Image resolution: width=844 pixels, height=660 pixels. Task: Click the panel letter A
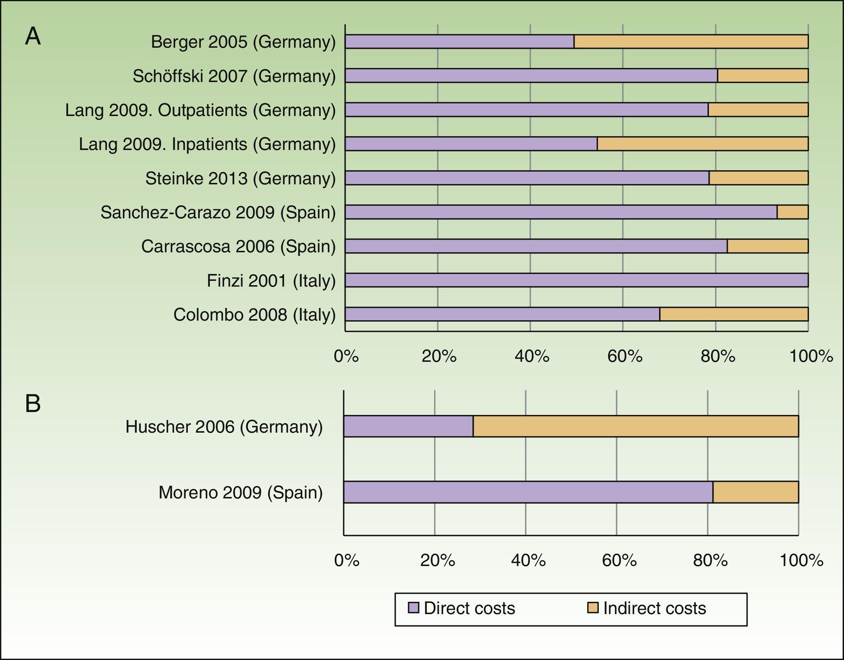[33, 37]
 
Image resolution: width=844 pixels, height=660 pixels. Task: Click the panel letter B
[33, 403]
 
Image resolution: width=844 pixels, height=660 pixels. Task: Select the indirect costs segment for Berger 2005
[691, 42]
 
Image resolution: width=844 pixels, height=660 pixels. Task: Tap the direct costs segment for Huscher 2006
[408, 427]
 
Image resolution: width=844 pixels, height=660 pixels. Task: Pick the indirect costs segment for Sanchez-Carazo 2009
[792, 212]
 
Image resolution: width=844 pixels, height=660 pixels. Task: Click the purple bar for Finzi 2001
[576, 280]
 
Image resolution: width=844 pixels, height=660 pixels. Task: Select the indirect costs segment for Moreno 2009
[756, 492]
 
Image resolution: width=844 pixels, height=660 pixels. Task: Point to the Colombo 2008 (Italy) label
[254, 314]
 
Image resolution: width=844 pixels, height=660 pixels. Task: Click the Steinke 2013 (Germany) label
[241, 178]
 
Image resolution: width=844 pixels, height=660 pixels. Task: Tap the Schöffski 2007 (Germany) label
[234, 76]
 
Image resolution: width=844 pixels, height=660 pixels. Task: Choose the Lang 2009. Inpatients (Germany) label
[207, 144]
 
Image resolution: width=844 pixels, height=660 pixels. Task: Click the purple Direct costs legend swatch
[414, 608]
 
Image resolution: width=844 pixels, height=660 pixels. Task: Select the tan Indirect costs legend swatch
[593, 608]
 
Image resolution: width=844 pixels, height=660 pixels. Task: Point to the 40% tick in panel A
[532, 356]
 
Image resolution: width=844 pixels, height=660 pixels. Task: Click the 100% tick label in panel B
[801, 560]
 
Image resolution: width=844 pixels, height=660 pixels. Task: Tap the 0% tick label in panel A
[346, 356]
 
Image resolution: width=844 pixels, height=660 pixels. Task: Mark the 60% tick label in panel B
[619, 560]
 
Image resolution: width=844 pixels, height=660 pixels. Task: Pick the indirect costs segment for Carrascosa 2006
[767, 246]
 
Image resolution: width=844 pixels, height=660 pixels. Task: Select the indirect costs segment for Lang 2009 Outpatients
[758, 110]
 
